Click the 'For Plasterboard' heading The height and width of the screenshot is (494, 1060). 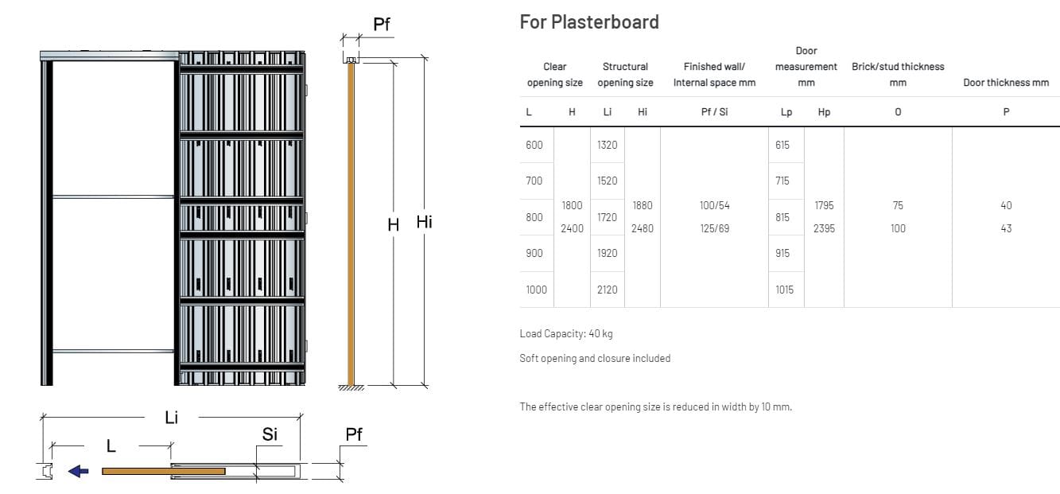pos(588,21)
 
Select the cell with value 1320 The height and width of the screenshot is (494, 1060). pos(607,145)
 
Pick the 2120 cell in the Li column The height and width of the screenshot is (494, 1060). pos(607,290)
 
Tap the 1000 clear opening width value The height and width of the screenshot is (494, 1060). pos(536,290)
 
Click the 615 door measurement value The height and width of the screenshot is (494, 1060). pos(784,145)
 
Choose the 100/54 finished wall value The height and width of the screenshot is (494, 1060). pos(714,205)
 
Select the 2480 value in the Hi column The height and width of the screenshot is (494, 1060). pos(642,228)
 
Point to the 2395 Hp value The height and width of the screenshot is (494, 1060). pos(824,228)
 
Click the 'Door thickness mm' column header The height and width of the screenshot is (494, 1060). pos(1005,83)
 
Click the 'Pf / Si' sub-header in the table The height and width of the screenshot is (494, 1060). pos(714,112)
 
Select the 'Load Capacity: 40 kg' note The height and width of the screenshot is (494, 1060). pos(565,333)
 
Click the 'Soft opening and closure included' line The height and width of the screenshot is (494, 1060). pos(594,358)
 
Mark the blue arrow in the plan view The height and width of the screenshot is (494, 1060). pos(78,471)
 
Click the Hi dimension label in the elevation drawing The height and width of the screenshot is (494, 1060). pos(424,223)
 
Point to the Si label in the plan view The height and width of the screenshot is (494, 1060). pos(270,434)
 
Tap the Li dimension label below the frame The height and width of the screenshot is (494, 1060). pos(171,418)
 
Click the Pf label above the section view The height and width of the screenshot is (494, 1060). pos(382,24)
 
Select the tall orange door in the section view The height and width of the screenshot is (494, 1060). pos(350,223)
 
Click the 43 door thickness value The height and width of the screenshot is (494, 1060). pos(1005,228)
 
